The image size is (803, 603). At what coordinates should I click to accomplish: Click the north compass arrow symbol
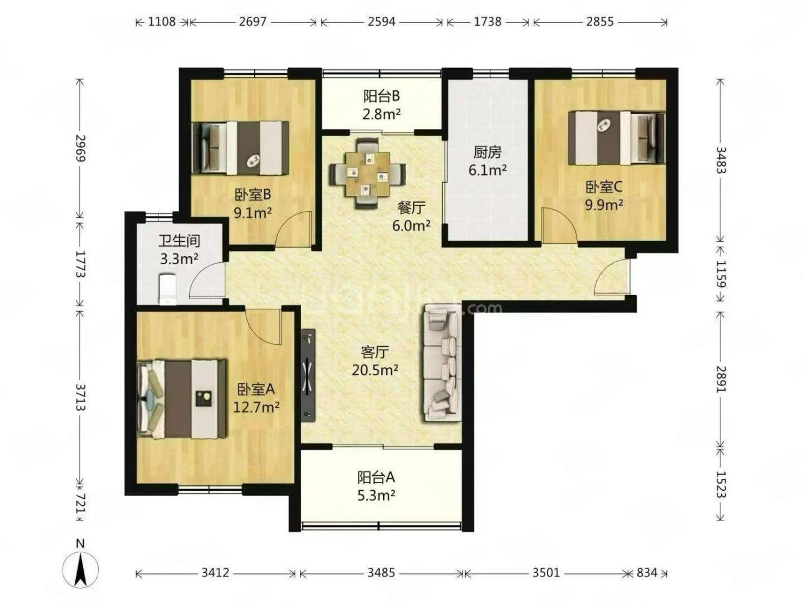tap(80, 570)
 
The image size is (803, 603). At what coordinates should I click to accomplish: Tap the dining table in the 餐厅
tap(367, 174)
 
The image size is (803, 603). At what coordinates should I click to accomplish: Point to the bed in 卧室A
tap(181, 399)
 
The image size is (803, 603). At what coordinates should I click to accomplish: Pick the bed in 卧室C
tap(616, 138)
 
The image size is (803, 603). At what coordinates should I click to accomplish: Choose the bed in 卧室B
tap(241, 148)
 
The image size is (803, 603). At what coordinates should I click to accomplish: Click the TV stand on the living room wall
tap(308, 376)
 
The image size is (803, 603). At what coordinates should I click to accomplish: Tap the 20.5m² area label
tap(375, 370)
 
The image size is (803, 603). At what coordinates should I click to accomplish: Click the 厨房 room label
tap(487, 153)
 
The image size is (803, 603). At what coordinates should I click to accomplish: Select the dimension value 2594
tap(381, 22)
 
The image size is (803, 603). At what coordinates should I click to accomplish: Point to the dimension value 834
tap(647, 572)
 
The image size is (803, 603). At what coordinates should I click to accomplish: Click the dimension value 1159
tap(720, 274)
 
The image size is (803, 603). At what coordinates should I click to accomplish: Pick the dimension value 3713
tap(81, 397)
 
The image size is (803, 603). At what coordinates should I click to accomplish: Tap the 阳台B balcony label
tap(381, 96)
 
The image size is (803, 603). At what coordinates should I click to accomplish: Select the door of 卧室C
tap(560, 224)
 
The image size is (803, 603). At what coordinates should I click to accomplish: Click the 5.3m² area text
tap(376, 496)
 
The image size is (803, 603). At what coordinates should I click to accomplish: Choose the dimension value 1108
tap(162, 22)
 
